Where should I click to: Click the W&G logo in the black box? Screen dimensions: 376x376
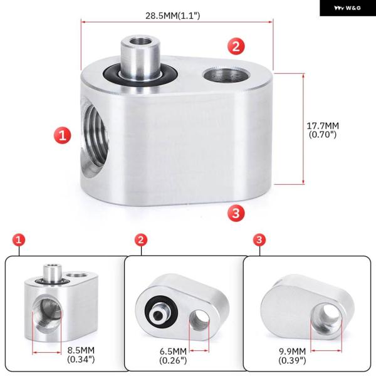[347, 8]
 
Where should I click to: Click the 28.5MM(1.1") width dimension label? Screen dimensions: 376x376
[173, 16]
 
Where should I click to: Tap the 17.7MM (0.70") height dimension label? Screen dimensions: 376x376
[323, 130]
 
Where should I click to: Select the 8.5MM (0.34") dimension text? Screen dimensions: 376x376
[81, 355]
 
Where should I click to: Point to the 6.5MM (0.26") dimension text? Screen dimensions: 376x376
[173, 356]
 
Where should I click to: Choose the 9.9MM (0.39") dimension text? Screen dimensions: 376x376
[292, 356]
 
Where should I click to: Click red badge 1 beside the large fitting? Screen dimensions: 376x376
[62, 135]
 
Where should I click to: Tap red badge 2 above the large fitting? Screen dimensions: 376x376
[236, 46]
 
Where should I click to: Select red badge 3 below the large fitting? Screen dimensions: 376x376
[236, 212]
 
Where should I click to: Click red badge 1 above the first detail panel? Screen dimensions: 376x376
[19, 239]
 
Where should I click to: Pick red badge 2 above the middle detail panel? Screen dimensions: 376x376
[141, 239]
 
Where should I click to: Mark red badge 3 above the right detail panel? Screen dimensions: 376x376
[259, 239]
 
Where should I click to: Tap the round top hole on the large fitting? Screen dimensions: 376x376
[227, 75]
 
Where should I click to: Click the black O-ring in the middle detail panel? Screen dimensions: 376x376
[161, 311]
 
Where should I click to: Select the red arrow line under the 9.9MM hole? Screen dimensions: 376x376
[326, 350]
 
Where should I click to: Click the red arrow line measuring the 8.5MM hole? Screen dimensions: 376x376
[46, 352]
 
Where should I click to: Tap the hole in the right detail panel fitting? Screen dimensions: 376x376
[326, 317]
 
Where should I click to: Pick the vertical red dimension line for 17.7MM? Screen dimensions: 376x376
[303, 128]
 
